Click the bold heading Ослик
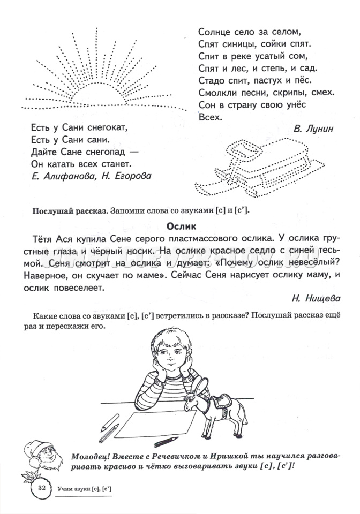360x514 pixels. [x=181, y=226]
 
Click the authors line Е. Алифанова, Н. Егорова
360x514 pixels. [x=88, y=176]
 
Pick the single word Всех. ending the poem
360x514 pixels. [x=209, y=117]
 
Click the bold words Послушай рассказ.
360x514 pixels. [x=70, y=210]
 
